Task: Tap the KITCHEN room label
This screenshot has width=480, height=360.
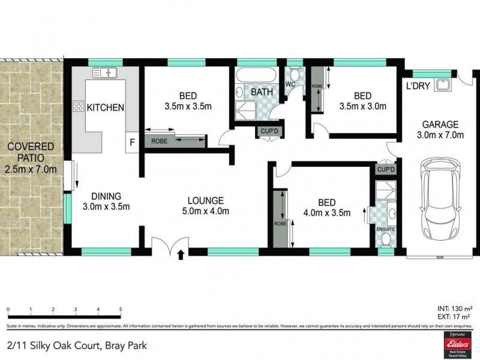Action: point(106,108)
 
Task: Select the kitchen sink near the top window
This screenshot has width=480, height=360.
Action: point(104,73)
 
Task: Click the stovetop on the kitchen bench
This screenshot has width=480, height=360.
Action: point(78,107)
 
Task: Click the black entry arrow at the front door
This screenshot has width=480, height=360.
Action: point(181,255)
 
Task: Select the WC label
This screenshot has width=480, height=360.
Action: point(288,83)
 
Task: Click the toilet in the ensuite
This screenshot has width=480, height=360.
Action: point(385,239)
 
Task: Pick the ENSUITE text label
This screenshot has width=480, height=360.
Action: point(385,229)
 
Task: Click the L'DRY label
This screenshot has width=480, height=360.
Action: point(418,86)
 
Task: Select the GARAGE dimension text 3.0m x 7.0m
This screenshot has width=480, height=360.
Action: point(440,135)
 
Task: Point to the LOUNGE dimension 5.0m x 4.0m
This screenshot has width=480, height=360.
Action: point(205,211)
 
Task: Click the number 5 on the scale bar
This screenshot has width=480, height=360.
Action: point(121,310)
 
